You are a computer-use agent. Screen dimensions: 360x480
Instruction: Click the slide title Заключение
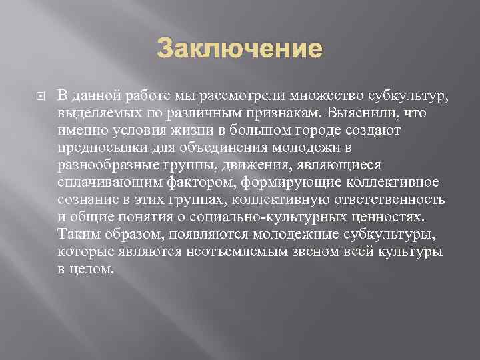pyautogui.click(x=239, y=50)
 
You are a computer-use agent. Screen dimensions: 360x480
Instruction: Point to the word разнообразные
pyautogui.click(x=105, y=164)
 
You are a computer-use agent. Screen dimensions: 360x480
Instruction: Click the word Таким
pyautogui.click(x=78, y=234)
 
